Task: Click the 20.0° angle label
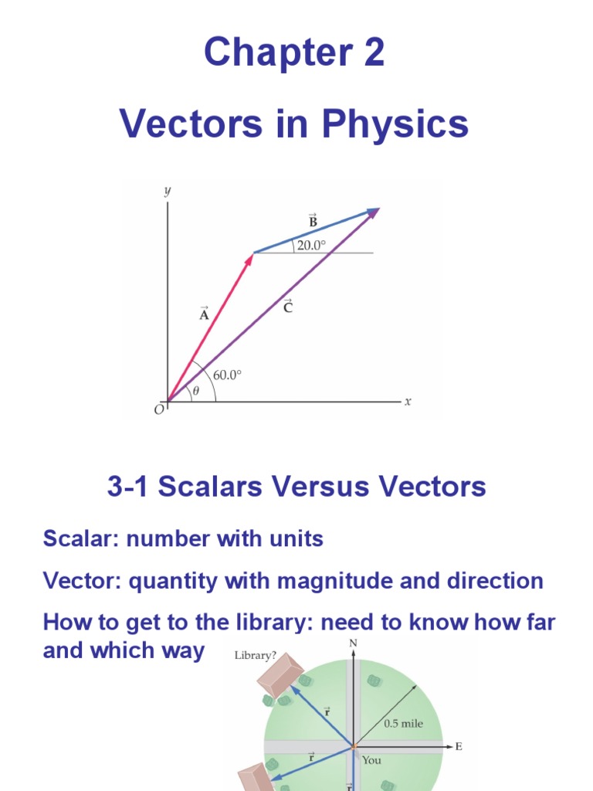coord(312,245)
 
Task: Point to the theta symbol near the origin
coord(195,391)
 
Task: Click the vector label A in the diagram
coord(204,314)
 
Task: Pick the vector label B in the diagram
coord(313,222)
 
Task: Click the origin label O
coord(159,409)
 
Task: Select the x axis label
coord(408,401)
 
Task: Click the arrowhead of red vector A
coord(249,259)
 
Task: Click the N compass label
coord(354,643)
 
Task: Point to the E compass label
coord(459,746)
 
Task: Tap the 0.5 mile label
coord(403,724)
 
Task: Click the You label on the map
coord(371,760)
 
